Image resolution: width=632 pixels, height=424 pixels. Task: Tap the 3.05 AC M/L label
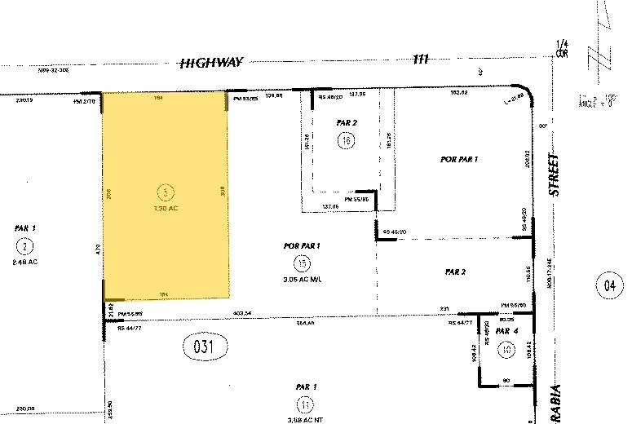pyautogui.click(x=302, y=278)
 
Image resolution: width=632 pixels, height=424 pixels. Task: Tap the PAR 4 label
pyautogui.click(x=506, y=332)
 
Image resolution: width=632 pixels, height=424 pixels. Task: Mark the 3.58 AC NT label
pyautogui.click(x=305, y=420)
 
